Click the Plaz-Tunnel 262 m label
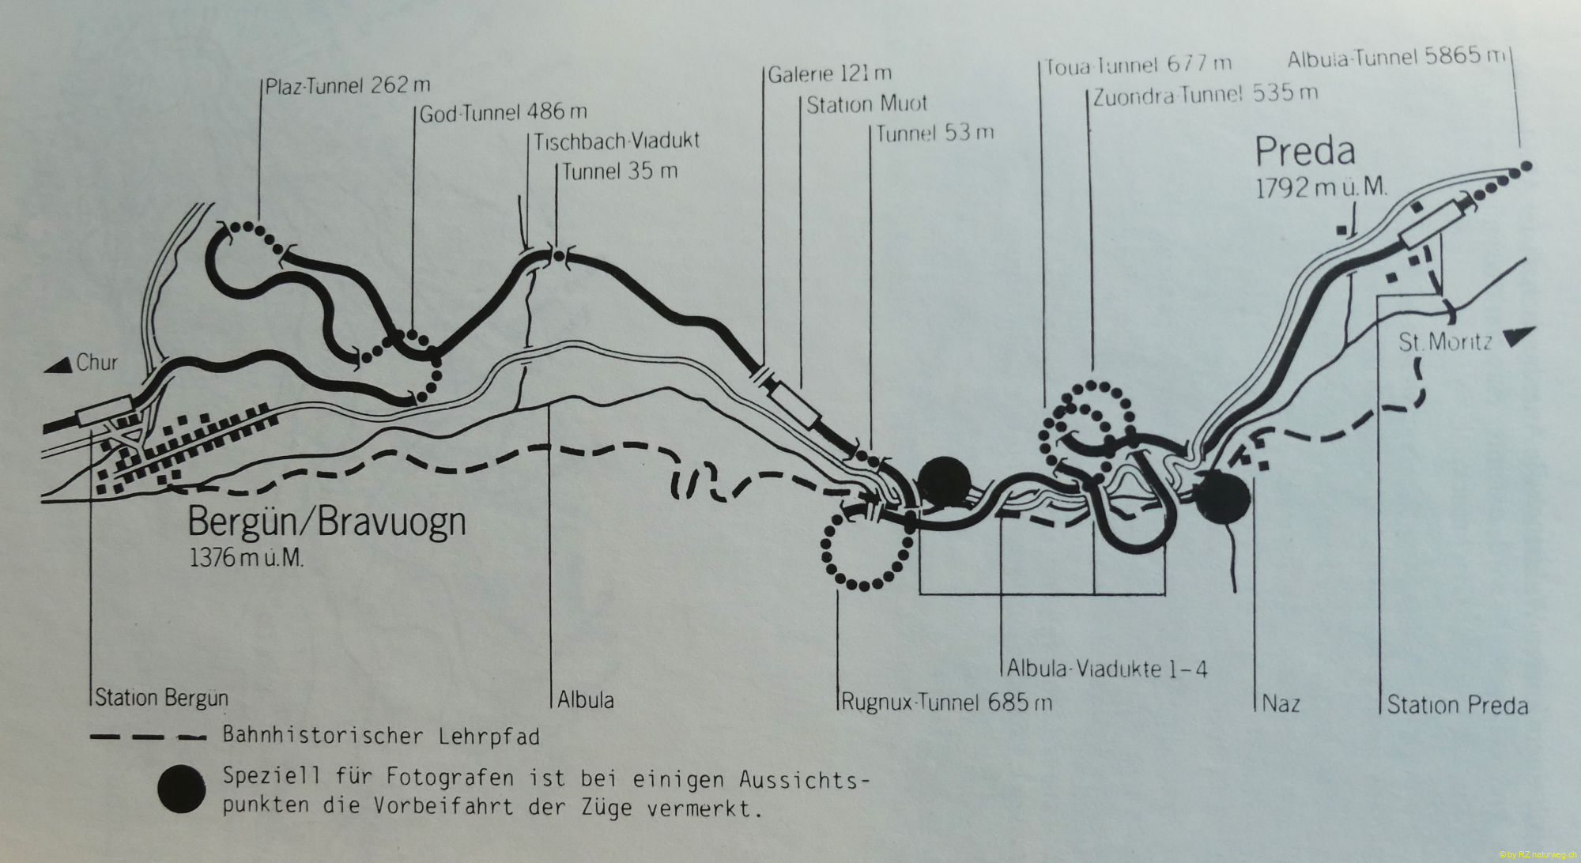348,85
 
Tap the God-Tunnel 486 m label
503,113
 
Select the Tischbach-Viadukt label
617,141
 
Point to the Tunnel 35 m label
620,171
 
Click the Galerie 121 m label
830,74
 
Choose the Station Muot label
866,104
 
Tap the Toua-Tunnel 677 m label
1138,66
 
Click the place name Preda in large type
1305,151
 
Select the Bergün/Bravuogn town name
326,522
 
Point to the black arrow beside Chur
59,364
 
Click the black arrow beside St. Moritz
1518,337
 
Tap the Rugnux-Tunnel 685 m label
946,702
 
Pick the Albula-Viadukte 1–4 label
1107,669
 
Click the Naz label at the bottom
1281,703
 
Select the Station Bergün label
161,698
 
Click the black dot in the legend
181,789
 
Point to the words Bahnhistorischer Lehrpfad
381,737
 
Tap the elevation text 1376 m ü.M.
246,558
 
